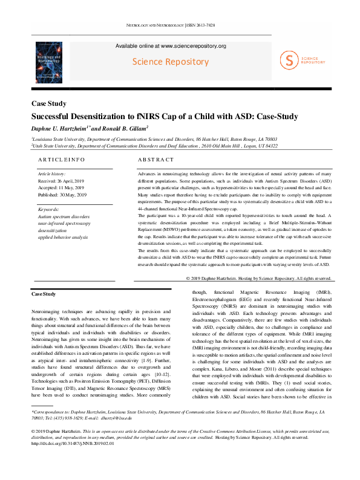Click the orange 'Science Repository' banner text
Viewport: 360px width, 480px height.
point(171,62)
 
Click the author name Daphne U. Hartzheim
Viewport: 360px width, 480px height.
point(59,128)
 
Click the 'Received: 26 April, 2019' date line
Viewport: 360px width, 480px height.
point(61,180)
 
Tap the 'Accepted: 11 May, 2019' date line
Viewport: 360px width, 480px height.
point(61,187)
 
